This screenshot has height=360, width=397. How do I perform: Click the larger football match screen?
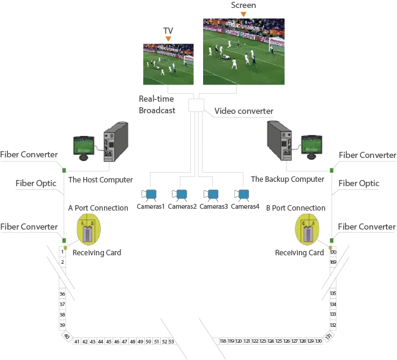pyautogui.click(x=244, y=51)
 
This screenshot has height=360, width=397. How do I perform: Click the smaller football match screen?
pyautogui.click(x=168, y=62)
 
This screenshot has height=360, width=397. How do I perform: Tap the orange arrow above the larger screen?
pyautogui.click(x=243, y=13)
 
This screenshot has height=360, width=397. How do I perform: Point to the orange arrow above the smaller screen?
pyautogui.click(x=168, y=37)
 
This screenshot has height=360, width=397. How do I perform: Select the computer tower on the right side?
pyautogui.click(x=281, y=140)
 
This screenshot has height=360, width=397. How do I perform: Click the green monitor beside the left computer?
pyautogui.click(x=84, y=147)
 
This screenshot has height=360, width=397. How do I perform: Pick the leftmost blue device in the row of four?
pyautogui.click(x=150, y=195)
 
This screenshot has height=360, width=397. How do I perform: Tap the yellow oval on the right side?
pyautogui.click(x=307, y=230)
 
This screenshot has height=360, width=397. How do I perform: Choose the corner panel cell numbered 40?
pyautogui.click(x=66, y=336)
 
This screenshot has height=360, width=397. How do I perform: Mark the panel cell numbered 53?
pyautogui.click(x=171, y=341)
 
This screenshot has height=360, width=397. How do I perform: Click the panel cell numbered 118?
pyautogui.click(x=223, y=341)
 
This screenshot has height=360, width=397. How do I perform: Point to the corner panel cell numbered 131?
pyautogui.click(x=329, y=336)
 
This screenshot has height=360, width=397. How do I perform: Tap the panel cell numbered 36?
pyautogui.click(x=62, y=294)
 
